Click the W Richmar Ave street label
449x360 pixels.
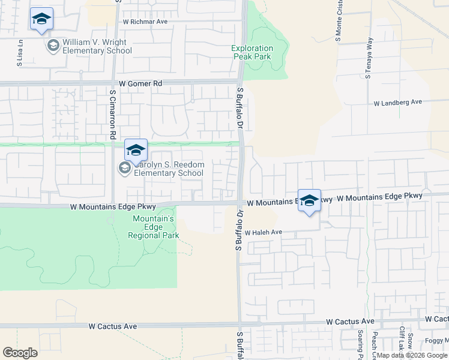coord(145,22)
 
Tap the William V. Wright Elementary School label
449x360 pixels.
coord(97,47)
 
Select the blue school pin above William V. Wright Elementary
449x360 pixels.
coord(41,19)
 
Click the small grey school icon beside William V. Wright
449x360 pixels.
coord(53,46)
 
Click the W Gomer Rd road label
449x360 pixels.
coord(140,83)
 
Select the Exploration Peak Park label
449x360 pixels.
coord(253,53)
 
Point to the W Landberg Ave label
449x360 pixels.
coord(398,103)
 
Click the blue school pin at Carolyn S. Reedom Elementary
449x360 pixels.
coord(136,150)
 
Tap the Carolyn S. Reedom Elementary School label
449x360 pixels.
coord(168,169)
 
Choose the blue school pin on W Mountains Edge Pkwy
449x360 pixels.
coord(309,201)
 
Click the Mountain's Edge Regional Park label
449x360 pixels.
coord(153,227)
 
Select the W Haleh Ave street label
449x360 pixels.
coord(263,232)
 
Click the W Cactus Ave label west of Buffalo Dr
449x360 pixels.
coord(112,326)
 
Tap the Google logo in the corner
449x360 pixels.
coord(20,353)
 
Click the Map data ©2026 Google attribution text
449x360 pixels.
coord(412,355)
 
